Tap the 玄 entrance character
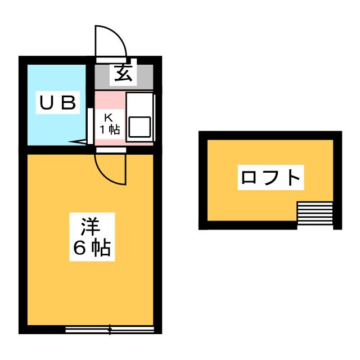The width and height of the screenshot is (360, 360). click(124, 73)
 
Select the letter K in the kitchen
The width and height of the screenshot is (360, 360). click(110, 118)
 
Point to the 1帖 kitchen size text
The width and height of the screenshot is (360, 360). click(110, 129)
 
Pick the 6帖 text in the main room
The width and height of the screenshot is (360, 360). click(91, 247)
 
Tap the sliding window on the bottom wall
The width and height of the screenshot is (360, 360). click(109, 330)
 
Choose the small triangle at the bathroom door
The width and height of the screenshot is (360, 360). click(79, 142)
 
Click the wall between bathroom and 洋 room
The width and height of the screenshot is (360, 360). click(56, 150)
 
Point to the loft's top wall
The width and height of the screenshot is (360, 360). click(270, 135)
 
